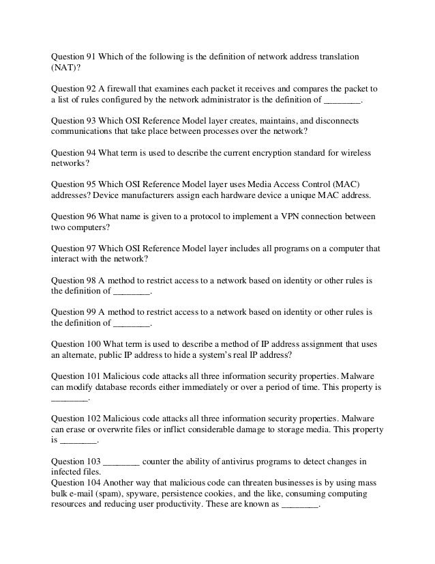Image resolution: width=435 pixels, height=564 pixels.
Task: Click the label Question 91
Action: [x=74, y=55]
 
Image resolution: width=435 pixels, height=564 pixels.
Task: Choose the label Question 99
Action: [x=74, y=311]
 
